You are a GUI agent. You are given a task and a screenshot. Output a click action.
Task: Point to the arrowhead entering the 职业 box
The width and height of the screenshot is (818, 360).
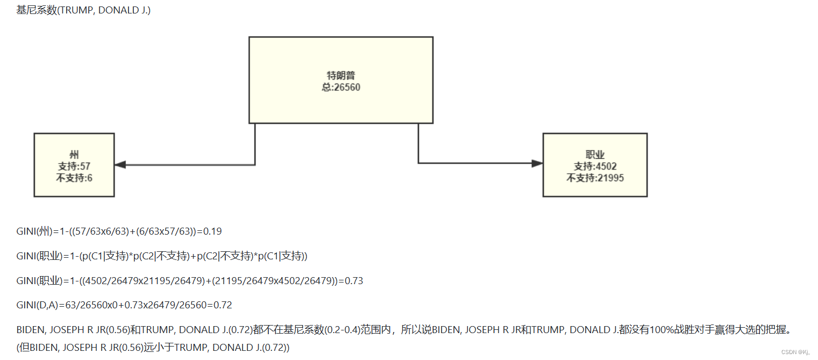point(537,163)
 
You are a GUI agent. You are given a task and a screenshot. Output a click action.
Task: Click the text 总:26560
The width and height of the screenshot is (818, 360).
point(341,87)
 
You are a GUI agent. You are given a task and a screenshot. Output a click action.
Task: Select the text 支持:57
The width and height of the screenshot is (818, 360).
point(74,167)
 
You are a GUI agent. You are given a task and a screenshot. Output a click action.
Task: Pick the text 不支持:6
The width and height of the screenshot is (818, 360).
point(74,178)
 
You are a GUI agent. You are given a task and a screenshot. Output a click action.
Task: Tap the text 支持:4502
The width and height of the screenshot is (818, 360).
point(595,167)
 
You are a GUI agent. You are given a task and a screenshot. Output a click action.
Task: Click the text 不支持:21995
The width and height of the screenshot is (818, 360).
point(595,178)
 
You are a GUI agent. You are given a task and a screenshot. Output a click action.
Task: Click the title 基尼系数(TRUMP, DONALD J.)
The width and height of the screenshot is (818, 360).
point(83,10)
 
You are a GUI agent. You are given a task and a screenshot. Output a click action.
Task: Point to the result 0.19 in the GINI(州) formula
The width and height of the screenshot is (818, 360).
point(212,232)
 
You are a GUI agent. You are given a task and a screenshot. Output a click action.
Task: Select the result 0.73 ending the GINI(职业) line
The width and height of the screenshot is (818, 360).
point(353,281)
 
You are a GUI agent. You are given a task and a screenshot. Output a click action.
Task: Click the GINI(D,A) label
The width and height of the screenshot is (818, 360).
point(37,305)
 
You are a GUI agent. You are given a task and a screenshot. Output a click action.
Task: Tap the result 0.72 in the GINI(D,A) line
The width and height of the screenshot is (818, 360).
point(223,305)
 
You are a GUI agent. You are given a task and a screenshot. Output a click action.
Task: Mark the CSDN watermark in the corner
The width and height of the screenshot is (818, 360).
point(796,352)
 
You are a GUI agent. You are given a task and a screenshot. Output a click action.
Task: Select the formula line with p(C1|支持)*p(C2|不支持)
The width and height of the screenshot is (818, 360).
point(161,257)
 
